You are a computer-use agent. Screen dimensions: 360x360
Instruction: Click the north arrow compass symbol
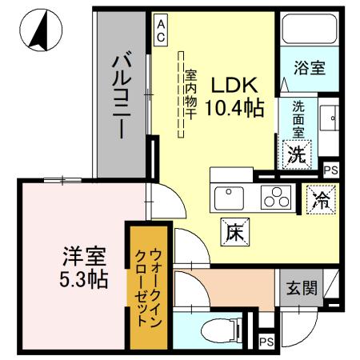coord(38,31)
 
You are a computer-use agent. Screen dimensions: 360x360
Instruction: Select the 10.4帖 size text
coord(234,110)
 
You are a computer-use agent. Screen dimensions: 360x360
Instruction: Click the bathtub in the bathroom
coord(309,31)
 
